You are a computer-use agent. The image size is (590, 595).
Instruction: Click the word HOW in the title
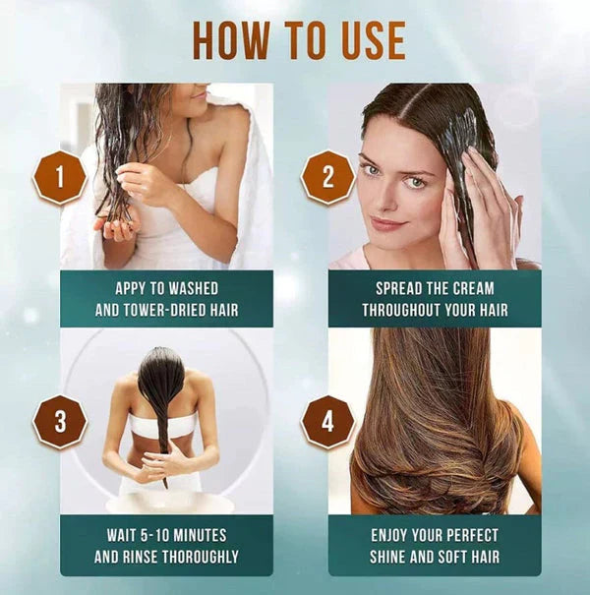click(232, 40)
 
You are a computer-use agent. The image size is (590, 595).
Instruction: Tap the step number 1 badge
click(59, 177)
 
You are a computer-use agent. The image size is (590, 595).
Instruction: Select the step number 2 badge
click(326, 177)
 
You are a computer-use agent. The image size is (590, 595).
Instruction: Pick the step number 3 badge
click(59, 421)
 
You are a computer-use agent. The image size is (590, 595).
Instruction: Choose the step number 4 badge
click(326, 421)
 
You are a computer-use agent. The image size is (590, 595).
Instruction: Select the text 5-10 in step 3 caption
click(154, 536)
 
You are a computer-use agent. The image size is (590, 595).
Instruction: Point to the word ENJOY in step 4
click(394, 536)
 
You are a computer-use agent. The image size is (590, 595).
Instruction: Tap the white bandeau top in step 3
click(162, 425)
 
